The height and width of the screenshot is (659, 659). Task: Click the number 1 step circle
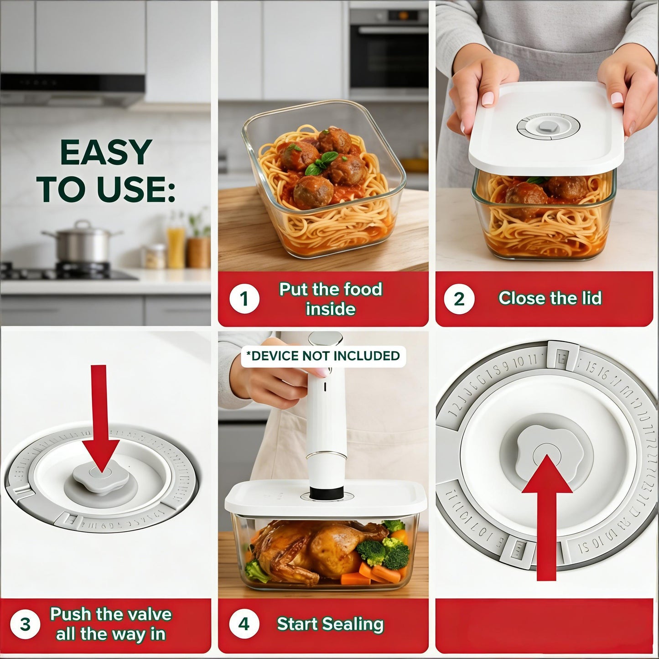pyautogui.click(x=244, y=299)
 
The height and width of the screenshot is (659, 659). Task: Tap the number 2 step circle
pyautogui.click(x=459, y=299)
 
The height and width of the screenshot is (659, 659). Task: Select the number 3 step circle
pyautogui.click(x=25, y=624)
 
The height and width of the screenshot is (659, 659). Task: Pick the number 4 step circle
pyautogui.click(x=244, y=624)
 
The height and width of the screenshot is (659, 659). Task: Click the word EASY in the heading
pyautogui.click(x=106, y=153)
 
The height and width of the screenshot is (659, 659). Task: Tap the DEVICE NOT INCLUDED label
pyautogui.click(x=323, y=356)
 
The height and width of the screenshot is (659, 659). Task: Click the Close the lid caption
pyautogui.click(x=550, y=298)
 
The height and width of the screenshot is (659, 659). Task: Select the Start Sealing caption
pyautogui.click(x=330, y=624)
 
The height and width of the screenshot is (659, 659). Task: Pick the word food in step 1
pyautogui.click(x=363, y=289)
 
